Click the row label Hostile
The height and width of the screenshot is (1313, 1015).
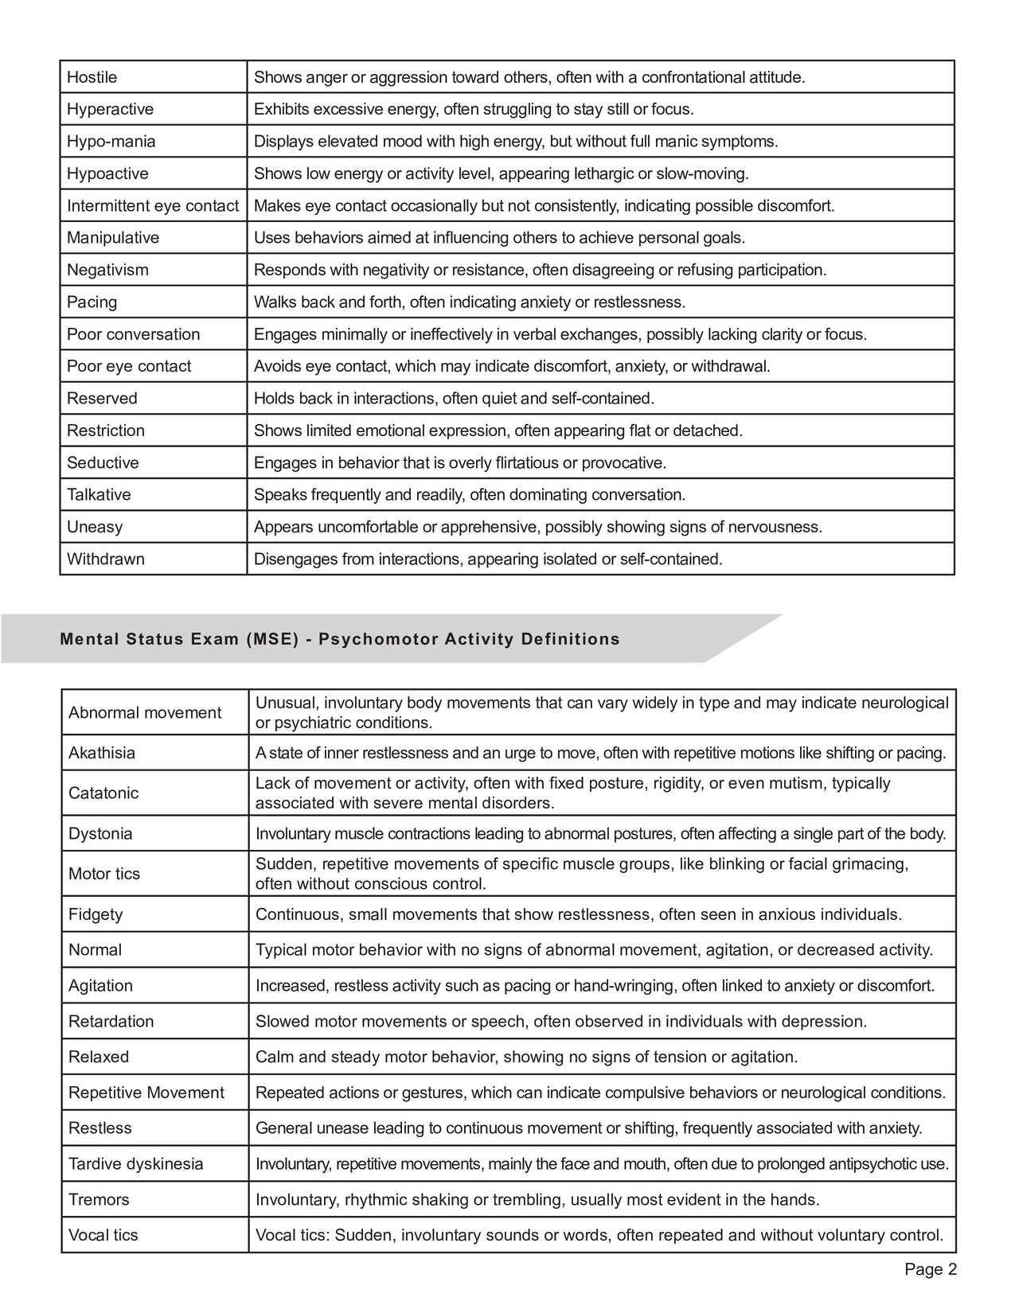click(x=92, y=77)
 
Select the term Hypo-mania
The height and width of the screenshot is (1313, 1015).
click(x=111, y=142)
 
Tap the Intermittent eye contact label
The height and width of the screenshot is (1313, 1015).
click(x=152, y=206)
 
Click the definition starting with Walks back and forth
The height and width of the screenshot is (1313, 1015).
click(x=469, y=302)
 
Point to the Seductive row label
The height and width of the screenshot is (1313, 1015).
click(x=103, y=462)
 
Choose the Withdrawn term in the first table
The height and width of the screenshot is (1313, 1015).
click(x=105, y=559)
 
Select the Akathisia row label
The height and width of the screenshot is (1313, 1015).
click(x=102, y=753)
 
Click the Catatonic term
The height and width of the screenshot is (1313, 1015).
click(x=103, y=793)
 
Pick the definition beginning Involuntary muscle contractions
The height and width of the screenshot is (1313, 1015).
click(x=600, y=834)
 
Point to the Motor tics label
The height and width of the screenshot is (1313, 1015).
click(x=104, y=874)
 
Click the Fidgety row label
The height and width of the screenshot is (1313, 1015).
click(x=96, y=914)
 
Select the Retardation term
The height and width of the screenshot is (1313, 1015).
click(x=111, y=1021)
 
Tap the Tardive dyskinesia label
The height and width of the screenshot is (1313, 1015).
click(x=136, y=1163)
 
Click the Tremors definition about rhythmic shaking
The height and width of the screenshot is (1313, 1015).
click(x=537, y=1199)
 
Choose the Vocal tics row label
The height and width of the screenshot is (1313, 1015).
click(x=103, y=1235)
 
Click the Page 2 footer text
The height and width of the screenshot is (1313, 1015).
click(x=930, y=1269)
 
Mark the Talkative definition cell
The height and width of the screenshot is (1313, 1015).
click(x=469, y=495)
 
